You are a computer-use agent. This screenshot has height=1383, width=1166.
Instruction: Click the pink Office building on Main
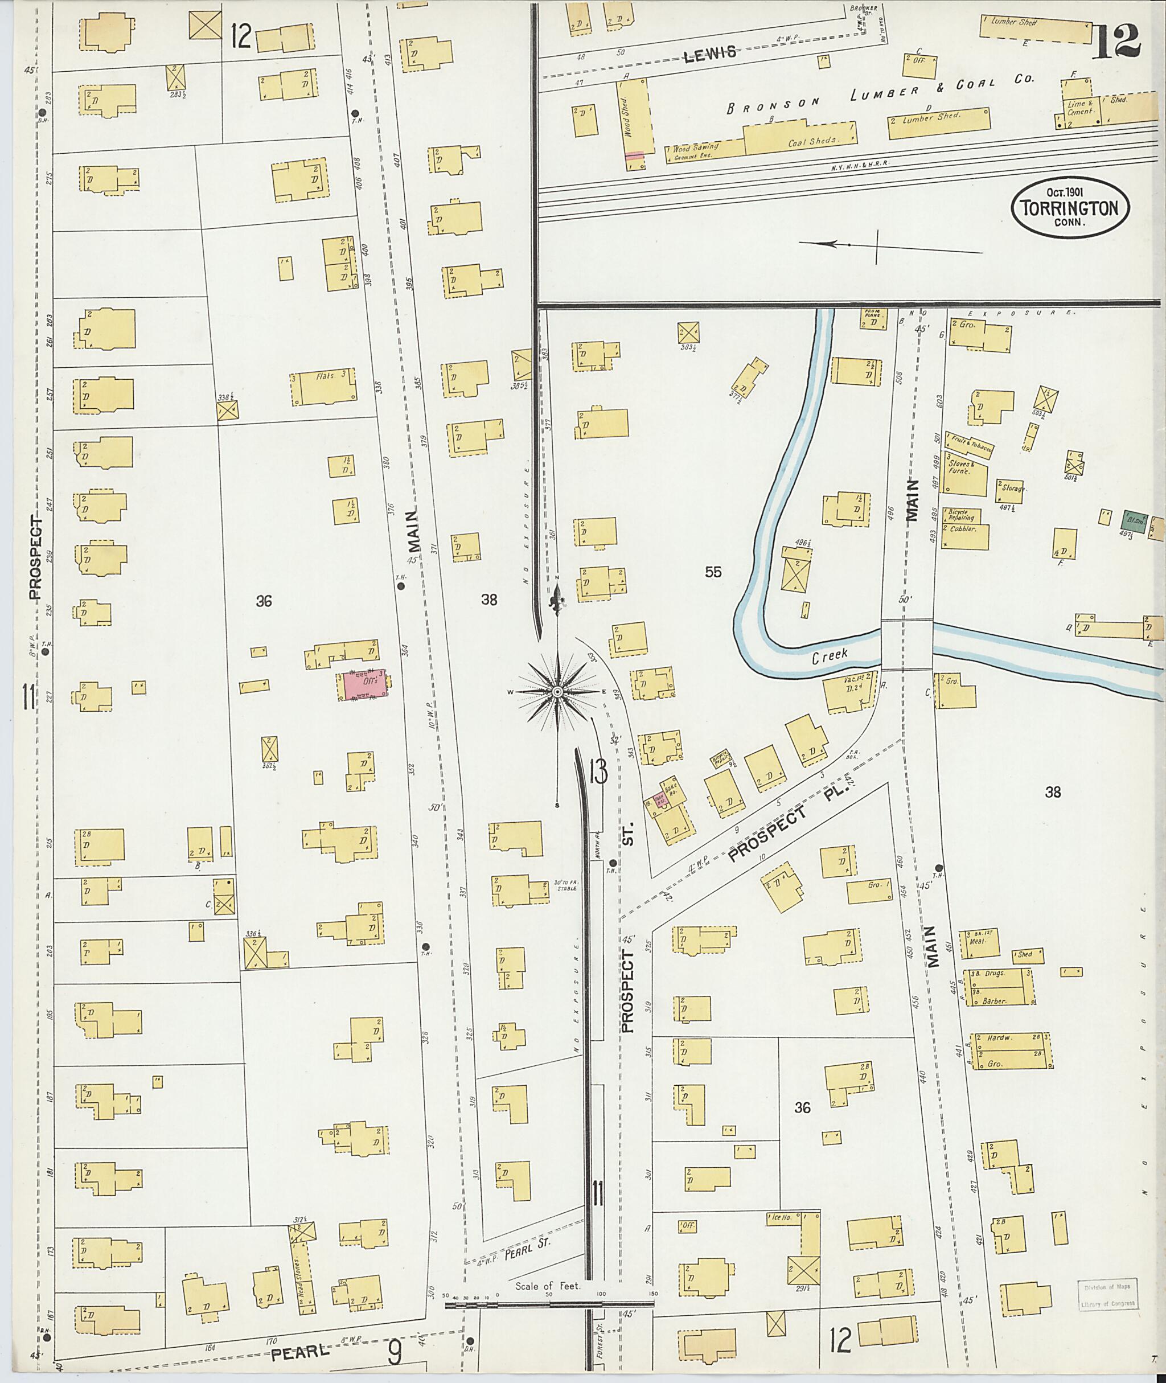363,685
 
